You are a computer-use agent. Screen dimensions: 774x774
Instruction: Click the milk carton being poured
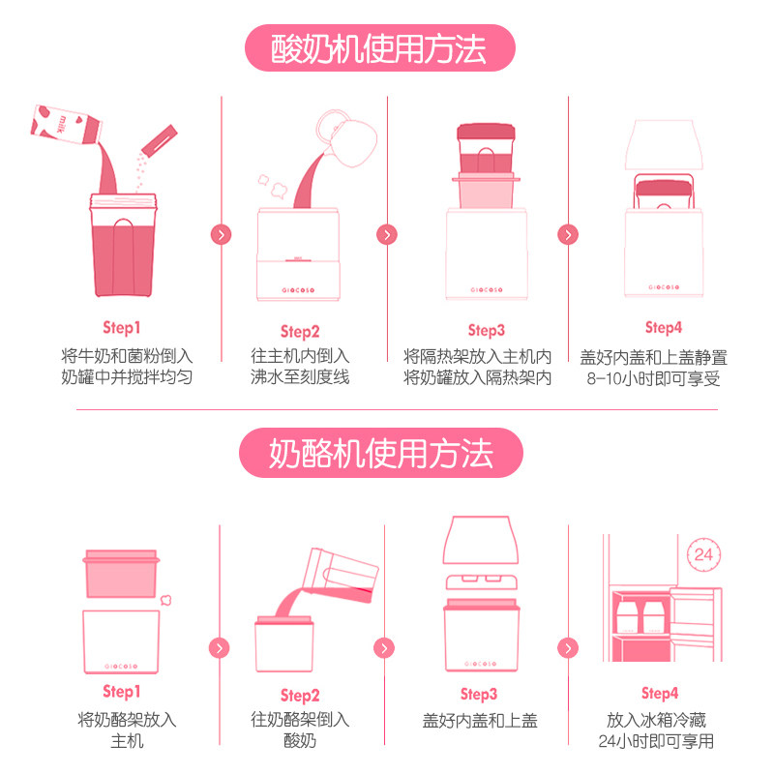click(66, 125)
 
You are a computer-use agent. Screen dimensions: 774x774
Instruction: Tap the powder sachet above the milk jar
click(159, 140)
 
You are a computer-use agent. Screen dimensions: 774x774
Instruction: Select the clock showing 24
click(703, 554)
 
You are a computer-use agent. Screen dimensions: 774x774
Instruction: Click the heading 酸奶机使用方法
click(379, 48)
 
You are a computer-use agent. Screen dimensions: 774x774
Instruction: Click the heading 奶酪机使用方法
click(380, 453)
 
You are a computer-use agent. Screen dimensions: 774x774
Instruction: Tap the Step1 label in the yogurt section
click(122, 327)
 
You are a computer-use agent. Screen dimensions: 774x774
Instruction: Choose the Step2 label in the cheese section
click(300, 696)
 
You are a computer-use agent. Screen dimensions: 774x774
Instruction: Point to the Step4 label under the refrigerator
click(660, 693)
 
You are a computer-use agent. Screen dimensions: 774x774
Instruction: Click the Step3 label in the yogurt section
click(487, 330)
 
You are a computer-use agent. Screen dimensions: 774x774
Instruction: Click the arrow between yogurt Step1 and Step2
click(222, 234)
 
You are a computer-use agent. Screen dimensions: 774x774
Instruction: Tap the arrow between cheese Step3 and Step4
click(568, 648)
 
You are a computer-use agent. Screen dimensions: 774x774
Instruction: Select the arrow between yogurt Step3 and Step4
click(568, 234)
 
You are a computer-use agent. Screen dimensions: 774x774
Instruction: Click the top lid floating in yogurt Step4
click(664, 144)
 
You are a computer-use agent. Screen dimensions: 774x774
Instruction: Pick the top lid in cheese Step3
click(481, 540)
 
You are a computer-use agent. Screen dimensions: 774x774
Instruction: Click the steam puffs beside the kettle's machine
click(273, 186)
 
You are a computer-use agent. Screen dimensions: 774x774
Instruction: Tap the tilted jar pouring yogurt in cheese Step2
click(341, 575)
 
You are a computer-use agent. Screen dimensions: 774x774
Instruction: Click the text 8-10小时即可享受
click(653, 379)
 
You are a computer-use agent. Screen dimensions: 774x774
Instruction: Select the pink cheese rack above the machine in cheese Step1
click(122, 574)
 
